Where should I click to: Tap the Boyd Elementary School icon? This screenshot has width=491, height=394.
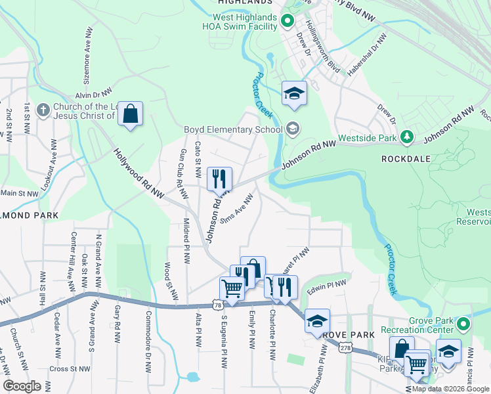pyautogui.click(x=293, y=129)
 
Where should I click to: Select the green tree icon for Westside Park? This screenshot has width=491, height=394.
pyautogui.click(x=408, y=137)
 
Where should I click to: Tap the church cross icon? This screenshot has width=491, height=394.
pyautogui.click(x=43, y=110)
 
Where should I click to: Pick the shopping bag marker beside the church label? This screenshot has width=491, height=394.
pyautogui.click(x=131, y=115)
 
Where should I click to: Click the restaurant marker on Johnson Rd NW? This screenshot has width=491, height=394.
pyautogui.click(x=219, y=178)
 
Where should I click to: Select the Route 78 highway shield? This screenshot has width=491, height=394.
pyautogui.click(x=217, y=305)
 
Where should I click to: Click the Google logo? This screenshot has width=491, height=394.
pyautogui.click(x=22, y=385)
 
